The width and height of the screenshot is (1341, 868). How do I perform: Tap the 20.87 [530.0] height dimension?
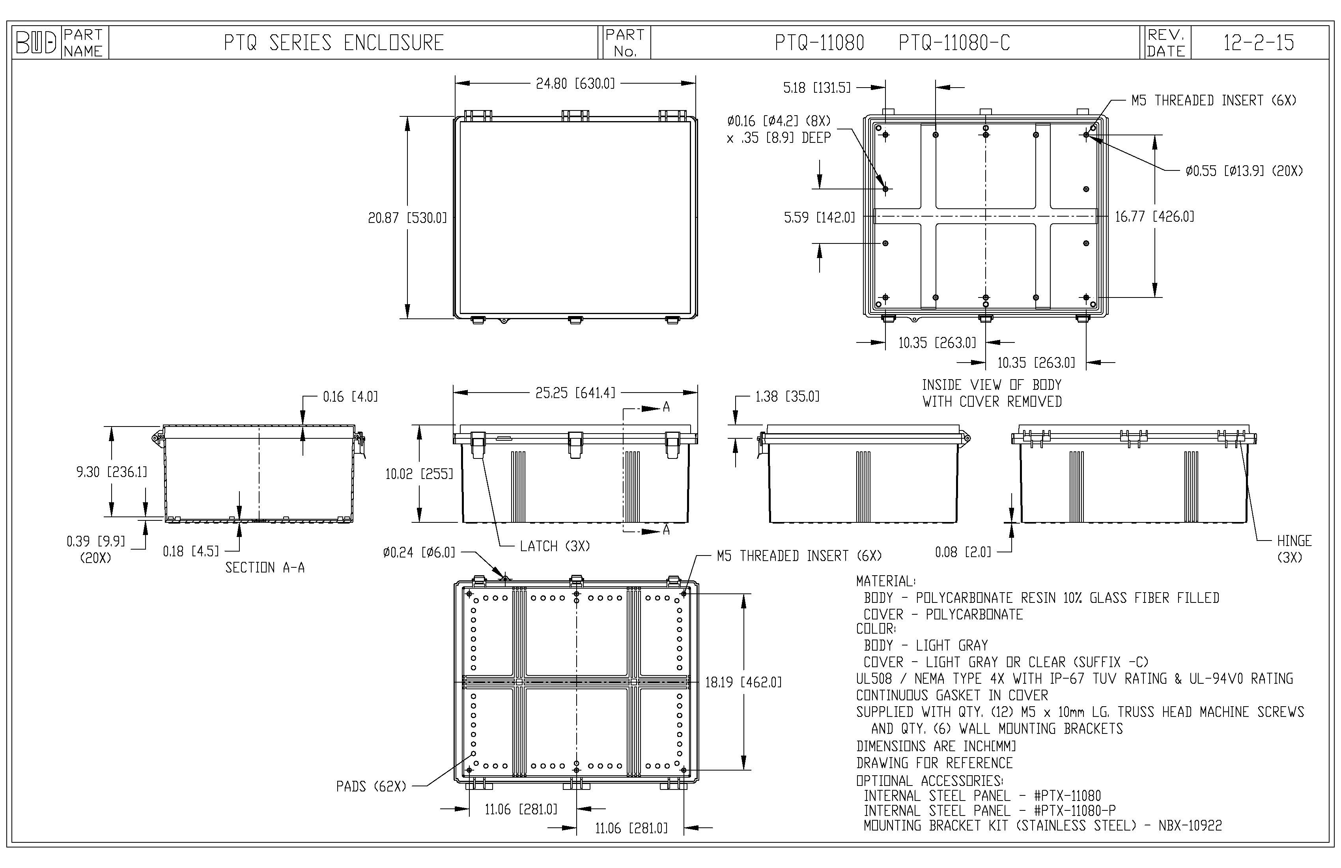407,217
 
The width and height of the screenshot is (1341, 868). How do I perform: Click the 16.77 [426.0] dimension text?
1154,217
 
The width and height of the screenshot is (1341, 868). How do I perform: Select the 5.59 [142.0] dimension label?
819,217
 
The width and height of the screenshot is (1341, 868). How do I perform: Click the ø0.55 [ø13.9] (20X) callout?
1244,171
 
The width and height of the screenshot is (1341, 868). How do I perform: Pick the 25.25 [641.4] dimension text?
575,393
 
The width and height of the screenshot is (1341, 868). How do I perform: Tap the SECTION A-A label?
265,568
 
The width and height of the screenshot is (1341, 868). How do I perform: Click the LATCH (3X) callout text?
555,546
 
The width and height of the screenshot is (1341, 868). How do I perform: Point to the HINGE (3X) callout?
1294,548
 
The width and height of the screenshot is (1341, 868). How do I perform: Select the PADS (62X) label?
371,786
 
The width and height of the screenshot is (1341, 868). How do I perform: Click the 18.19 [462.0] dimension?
743,683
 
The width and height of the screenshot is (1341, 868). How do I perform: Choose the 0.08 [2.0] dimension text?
962,552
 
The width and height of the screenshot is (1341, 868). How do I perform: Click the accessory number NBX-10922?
1190,826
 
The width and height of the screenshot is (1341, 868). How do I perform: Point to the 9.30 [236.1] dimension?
112,472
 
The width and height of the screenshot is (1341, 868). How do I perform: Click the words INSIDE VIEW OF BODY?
991,385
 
